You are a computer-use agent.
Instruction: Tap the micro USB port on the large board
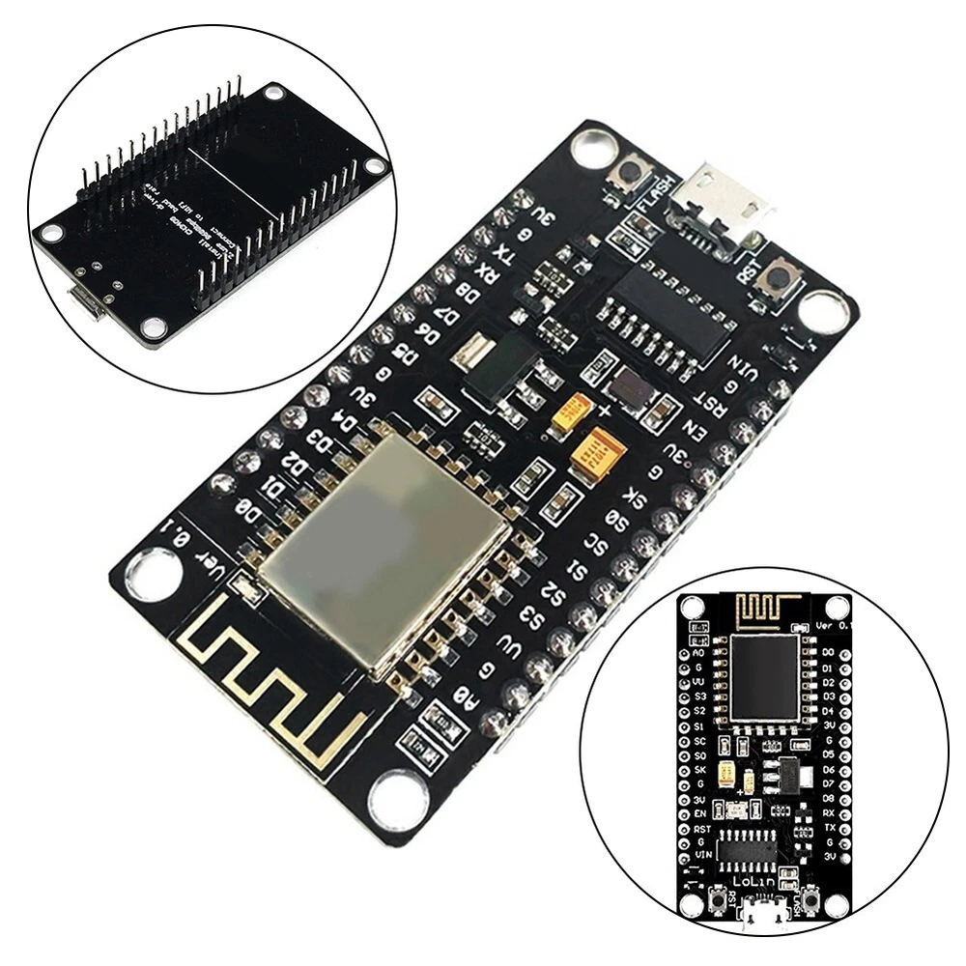723,203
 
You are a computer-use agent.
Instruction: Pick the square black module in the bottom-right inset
764,677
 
